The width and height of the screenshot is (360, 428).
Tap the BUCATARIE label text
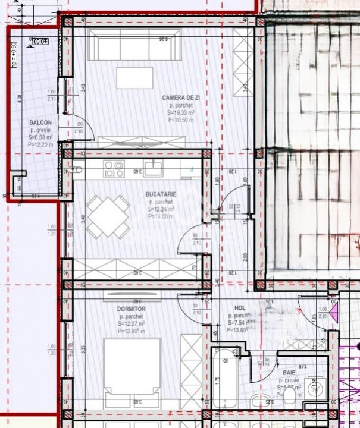click(161, 194)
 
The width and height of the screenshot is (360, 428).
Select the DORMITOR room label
click(131, 309)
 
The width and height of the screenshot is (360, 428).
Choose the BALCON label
click(40, 123)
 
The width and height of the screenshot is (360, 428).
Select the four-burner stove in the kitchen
click(113, 169)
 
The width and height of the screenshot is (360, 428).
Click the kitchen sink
click(154, 168)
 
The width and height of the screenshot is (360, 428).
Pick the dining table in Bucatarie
click(108, 216)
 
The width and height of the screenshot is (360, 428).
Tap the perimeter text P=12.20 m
click(40, 144)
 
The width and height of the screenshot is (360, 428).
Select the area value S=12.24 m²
click(161, 209)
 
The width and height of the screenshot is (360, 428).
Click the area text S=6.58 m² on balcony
click(40, 137)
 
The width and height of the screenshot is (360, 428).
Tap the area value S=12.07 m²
click(131, 323)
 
